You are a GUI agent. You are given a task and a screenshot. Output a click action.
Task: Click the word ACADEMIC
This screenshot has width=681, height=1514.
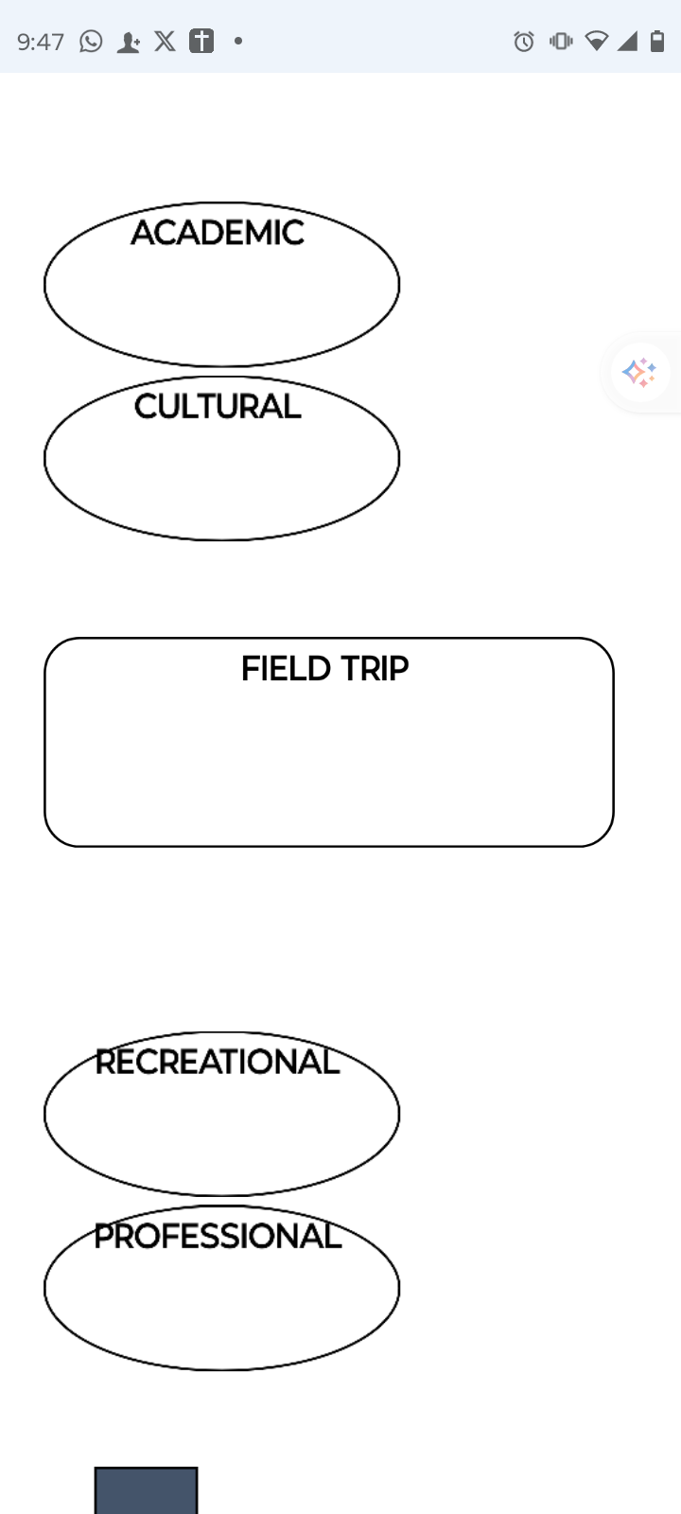pos(218,233)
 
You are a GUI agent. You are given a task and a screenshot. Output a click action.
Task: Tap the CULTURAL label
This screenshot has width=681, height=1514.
pos(218,407)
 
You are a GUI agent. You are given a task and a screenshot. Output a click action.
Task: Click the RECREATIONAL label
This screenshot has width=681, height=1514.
pos(217,1063)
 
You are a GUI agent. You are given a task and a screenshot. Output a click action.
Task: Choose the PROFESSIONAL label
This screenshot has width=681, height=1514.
pos(218,1237)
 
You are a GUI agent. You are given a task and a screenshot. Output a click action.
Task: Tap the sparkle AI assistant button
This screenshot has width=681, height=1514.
pos(639,372)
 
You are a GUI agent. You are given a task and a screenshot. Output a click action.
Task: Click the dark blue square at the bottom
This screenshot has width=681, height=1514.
pos(146,1490)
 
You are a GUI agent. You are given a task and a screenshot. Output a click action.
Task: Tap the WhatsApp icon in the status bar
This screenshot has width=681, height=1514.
pos(91,42)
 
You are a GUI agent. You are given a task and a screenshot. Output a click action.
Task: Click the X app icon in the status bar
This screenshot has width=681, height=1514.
pos(165,42)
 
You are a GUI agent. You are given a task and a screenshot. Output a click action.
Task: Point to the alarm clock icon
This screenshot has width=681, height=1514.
pos(524,42)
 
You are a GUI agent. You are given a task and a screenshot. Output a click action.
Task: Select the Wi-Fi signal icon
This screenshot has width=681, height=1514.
pos(596,41)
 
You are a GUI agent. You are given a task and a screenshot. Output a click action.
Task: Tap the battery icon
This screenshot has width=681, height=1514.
pos(657,41)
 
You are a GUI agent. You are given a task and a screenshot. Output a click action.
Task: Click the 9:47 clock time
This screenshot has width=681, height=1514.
pos(41,42)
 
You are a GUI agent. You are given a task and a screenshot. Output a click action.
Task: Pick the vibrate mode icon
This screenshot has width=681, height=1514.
pos(561,41)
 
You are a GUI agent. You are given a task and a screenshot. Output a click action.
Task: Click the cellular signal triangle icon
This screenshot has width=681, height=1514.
pos(627,41)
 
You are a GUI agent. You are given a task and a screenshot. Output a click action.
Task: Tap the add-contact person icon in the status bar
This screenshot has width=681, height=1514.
pos(128,43)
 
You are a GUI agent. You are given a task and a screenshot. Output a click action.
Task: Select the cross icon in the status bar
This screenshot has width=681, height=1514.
pos(201,42)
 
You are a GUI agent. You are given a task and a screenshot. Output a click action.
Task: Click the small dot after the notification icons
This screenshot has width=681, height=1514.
pos(238,41)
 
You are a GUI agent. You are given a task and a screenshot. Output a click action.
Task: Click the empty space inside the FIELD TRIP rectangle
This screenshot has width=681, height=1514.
pos(329,766)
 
